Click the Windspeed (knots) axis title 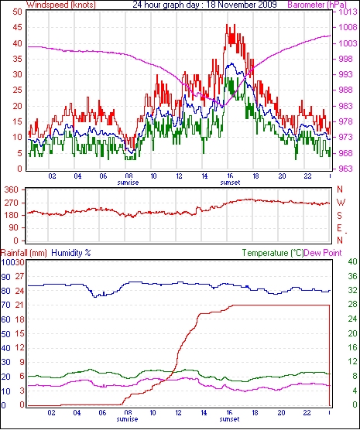tap(61, 5)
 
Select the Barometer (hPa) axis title tap(317, 5)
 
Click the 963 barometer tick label tap(345, 169)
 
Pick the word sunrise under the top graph tap(128, 183)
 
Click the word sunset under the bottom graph tap(230, 419)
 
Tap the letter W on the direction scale tap(340, 203)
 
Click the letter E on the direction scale tap(340, 228)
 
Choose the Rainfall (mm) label tap(24, 253)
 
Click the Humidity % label tap(71, 253)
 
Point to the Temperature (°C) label tap(273, 253)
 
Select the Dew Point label tap(323, 253)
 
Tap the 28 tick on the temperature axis tap(352, 305)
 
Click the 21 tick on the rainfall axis tap(19, 305)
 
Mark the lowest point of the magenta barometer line tap(224, 105)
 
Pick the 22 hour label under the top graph tap(307, 176)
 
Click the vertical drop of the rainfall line tap(329, 355)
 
